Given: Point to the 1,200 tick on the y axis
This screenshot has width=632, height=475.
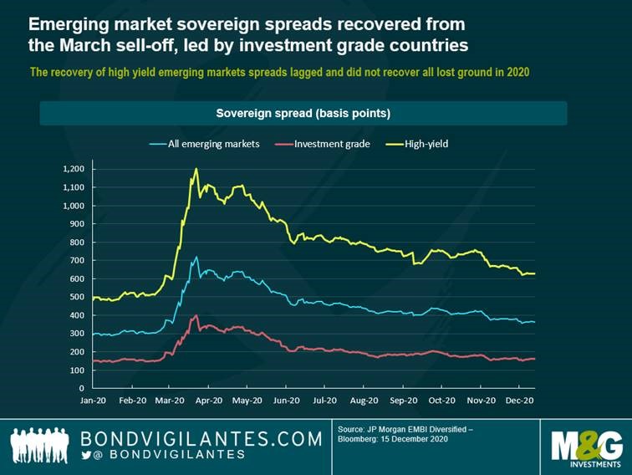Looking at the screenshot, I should point(74,169).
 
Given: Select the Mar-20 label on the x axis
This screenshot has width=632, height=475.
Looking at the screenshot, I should point(171,401).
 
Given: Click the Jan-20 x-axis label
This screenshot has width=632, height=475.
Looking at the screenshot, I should point(93,401).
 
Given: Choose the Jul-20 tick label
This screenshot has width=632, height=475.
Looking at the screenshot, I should point(325,401).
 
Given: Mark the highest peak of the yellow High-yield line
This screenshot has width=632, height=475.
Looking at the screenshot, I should point(196,168).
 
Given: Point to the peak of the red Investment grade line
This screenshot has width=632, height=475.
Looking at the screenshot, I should point(196,315).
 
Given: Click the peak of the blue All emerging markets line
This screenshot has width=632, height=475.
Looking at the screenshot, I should point(196,257).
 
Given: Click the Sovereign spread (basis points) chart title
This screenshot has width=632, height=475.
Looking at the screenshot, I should point(303,113).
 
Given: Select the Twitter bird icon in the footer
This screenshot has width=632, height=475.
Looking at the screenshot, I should point(86,454).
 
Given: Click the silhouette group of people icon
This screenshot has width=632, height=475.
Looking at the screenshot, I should point(41,445).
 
